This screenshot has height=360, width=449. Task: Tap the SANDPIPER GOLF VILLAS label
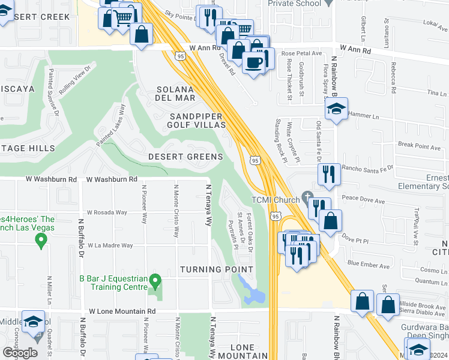tap(197, 120)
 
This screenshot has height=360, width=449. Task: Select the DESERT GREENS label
tap(186, 157)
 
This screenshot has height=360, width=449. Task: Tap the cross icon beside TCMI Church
tap(307, 196)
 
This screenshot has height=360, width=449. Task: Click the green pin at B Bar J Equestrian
tap(155, 280)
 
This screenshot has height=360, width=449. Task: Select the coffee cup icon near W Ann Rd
tap(253, 61)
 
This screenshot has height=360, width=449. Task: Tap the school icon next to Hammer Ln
tap(336, 109)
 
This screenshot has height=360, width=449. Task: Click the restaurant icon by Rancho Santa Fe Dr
tap(328, 174)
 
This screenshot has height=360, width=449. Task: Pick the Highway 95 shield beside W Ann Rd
tap(180, 56)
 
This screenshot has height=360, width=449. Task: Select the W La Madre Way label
tap(110, 245)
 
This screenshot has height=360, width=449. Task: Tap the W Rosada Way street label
tap(107, 212)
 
